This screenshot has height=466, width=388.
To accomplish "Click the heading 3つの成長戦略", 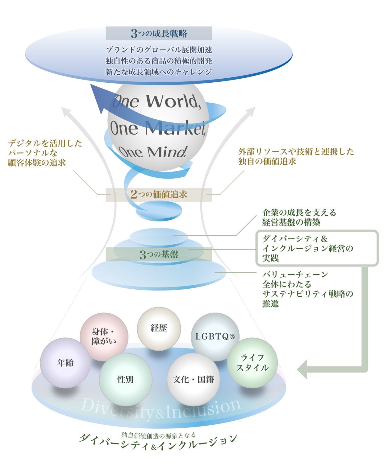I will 159,33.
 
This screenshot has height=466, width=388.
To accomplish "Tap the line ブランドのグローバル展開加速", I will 159,50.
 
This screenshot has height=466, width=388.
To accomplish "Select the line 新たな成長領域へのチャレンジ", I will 159,72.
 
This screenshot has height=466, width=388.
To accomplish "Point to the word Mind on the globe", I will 167,152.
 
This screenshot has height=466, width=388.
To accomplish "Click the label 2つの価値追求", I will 159,194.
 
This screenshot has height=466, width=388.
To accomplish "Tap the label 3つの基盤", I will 159,254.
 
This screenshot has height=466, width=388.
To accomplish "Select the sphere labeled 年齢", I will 65,363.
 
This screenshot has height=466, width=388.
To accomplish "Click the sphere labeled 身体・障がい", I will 104,336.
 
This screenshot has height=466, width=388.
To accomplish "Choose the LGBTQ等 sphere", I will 215,336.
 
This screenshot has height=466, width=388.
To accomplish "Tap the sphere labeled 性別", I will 125,379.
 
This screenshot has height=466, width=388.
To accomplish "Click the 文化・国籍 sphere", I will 193,379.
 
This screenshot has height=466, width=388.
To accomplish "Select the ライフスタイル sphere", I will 252,363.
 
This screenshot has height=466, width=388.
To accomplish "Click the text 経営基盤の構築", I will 291,222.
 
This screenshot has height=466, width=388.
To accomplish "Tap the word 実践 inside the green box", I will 270,258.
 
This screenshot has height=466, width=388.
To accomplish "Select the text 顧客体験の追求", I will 37,163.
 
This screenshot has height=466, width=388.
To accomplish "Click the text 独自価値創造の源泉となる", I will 159,435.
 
